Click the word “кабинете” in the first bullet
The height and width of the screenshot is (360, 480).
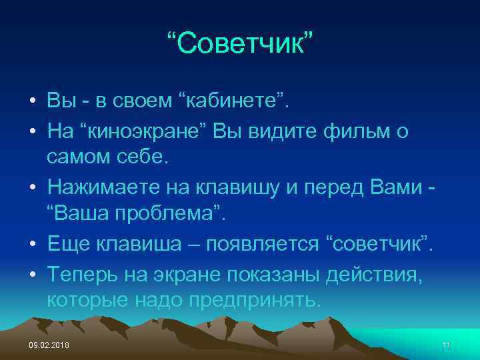pos(237,101)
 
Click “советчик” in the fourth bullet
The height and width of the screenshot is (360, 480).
pos(378,243)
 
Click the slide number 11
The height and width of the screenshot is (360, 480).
pos(446,344)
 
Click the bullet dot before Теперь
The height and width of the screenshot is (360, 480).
pos(32,273)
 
